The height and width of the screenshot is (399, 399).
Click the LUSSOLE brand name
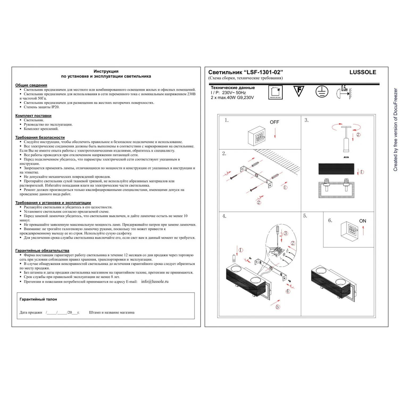(x=363, y=72)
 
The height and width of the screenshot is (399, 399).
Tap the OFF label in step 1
(x=274, y=122)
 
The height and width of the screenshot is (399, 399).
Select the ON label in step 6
(x=363, y=221)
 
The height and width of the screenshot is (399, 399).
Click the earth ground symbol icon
(x=322, y=92)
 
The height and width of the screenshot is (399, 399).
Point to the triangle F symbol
(x=299, y=91)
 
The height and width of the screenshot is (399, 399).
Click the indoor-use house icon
(x=276, y=92)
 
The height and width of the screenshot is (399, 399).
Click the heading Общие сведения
(x=31, y=85)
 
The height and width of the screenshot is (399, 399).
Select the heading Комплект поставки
(x=33, y=116)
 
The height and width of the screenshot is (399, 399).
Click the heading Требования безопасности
(x=40, y=138)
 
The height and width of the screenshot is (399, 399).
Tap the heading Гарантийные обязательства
(x=42, y=251)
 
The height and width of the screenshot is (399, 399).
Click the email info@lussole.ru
(x=155, y=281)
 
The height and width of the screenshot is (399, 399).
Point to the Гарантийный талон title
(x=38, y=299)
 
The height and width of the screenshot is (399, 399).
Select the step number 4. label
(x=224, y=216)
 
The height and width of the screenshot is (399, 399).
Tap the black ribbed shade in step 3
(x=336, y=169)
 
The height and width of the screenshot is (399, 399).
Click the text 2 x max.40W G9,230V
(x=232, y=98)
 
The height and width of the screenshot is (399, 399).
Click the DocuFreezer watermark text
(x=395, y=130)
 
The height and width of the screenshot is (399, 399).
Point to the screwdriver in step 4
(x=277, y=234)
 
